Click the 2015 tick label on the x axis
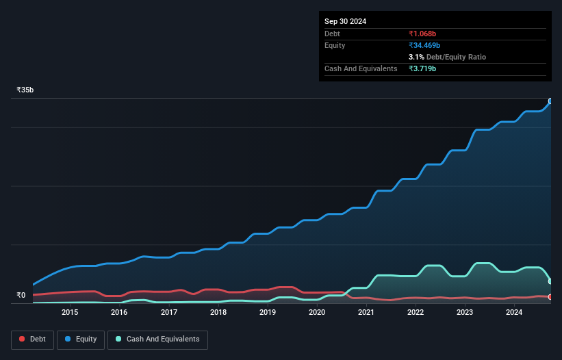(70, 313)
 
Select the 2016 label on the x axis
(119, 313)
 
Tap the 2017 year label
(169, 313)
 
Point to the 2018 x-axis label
(218, 313)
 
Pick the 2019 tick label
(268, 313)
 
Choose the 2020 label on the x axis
(317, 313)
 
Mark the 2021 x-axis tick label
(366, 313)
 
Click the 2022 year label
(416, 313)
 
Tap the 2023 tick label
(465, 313)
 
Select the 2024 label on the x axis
(514, 313)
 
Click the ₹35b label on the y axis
(25, 90)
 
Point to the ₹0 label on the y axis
(21, 296)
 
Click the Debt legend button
(32, 339)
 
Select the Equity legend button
(81, 339)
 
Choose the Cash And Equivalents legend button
(157, 339)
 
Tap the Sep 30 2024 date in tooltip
(346, 21)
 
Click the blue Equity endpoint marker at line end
(550, 101)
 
